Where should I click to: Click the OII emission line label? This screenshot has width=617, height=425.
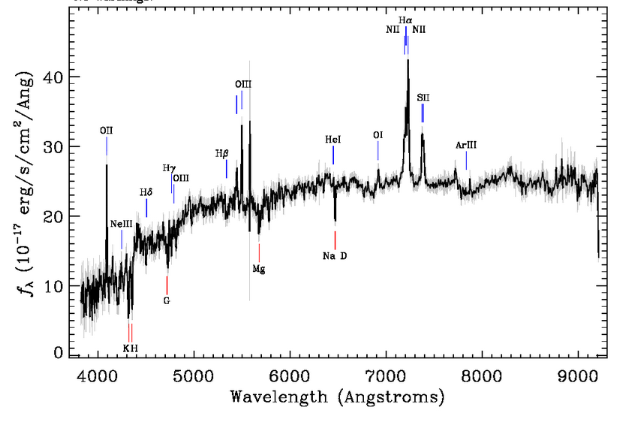[x=107, y=131]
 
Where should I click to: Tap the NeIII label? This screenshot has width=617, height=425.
[x=121, y=225]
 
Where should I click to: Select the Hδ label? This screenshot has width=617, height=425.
[x=146, y=192]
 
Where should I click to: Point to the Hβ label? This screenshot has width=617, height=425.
[x=221, y=153]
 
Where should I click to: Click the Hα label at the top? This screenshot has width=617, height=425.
[x=405, y=20]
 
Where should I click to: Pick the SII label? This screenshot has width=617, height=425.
[x=423, y=97]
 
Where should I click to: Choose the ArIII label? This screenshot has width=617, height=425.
[x=466, y=145]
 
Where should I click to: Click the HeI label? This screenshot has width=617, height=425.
[x=333, y=140]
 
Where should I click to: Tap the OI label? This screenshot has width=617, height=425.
[x=378, y=135]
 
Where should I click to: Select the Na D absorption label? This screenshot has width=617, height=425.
[x=335, y=257]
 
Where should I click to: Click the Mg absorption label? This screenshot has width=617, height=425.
[x=258, y=268]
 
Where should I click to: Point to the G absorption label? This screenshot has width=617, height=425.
[x=167, y=300]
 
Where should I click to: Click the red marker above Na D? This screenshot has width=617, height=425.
[x=335, y=240]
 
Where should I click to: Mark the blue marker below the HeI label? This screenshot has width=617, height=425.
[x=333, y=155]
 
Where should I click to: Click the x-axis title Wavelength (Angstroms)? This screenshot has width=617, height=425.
[x=337, y=396]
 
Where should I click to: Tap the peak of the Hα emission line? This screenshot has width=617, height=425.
[x=408, y=60]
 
